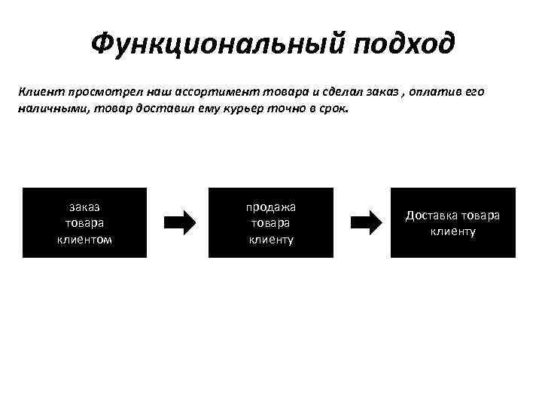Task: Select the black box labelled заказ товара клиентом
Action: point(84,222)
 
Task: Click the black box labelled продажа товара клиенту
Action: point(270,222)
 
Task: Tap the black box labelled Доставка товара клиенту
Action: point(452,222)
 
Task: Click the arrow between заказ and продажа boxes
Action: point(179,222)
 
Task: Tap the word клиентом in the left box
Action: point(84,239)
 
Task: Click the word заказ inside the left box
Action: point(84,206)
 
